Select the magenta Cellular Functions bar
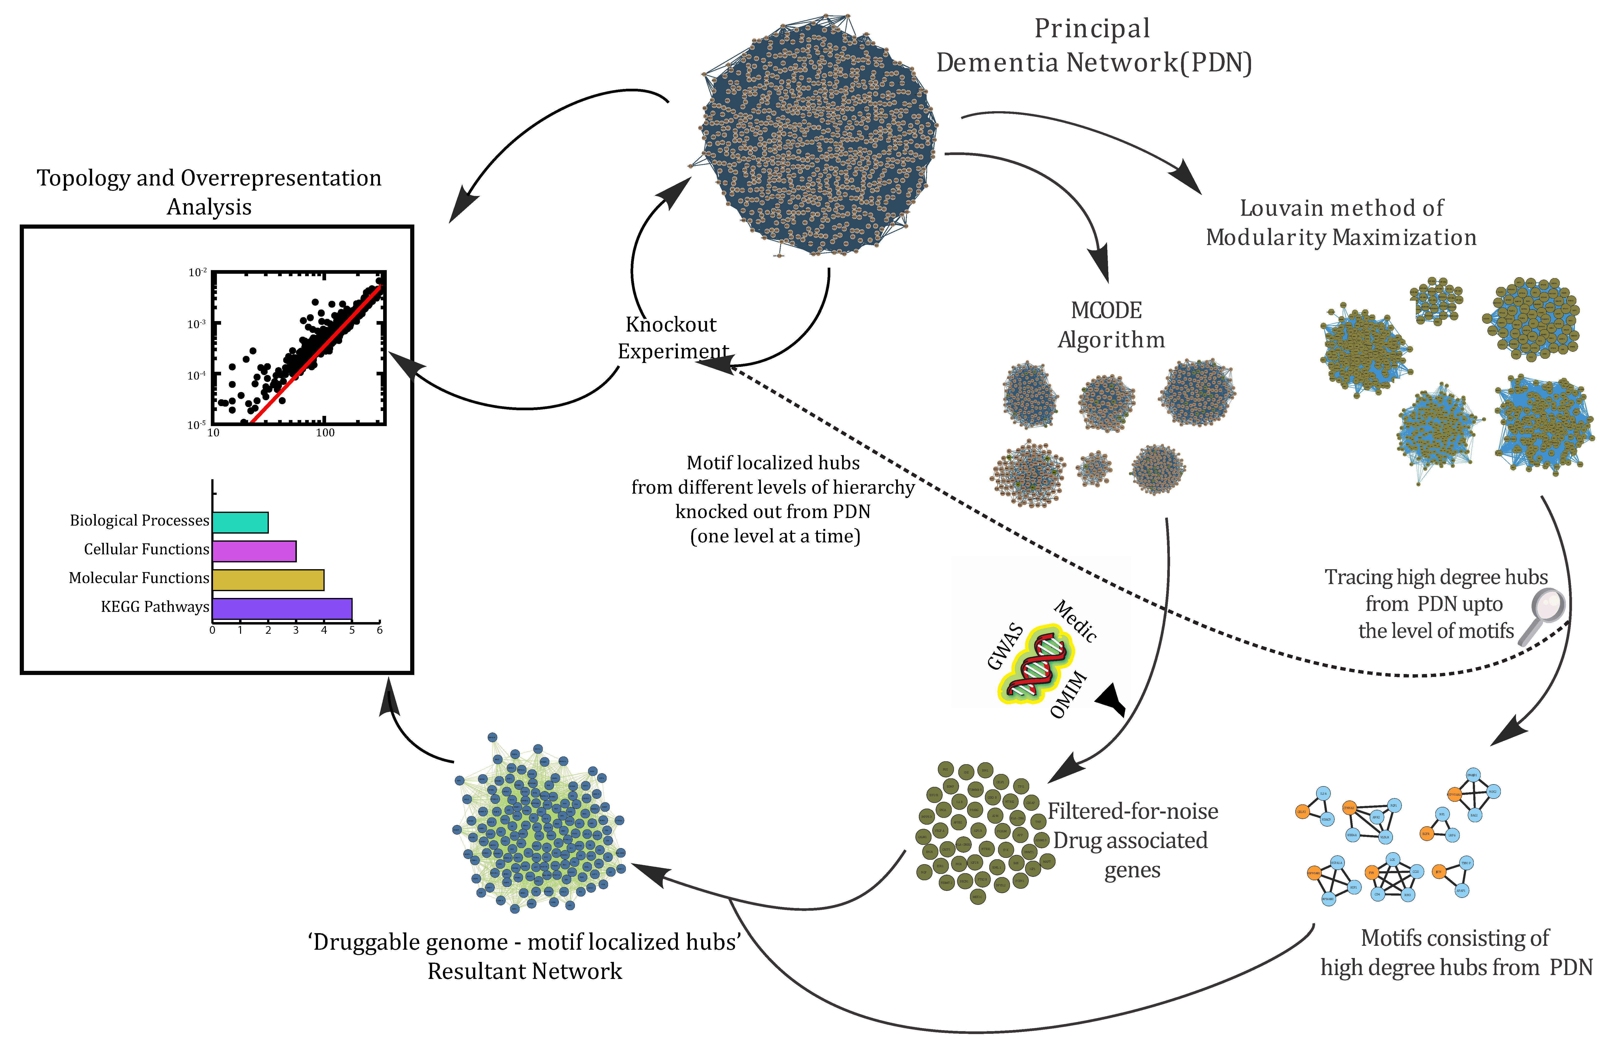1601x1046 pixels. (x=254, y=551)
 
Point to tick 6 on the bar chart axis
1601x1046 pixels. (x=379, y=630)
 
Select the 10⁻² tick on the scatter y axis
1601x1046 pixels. (x=197, y=273)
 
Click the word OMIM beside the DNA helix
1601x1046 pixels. (x=1068, y=695)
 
